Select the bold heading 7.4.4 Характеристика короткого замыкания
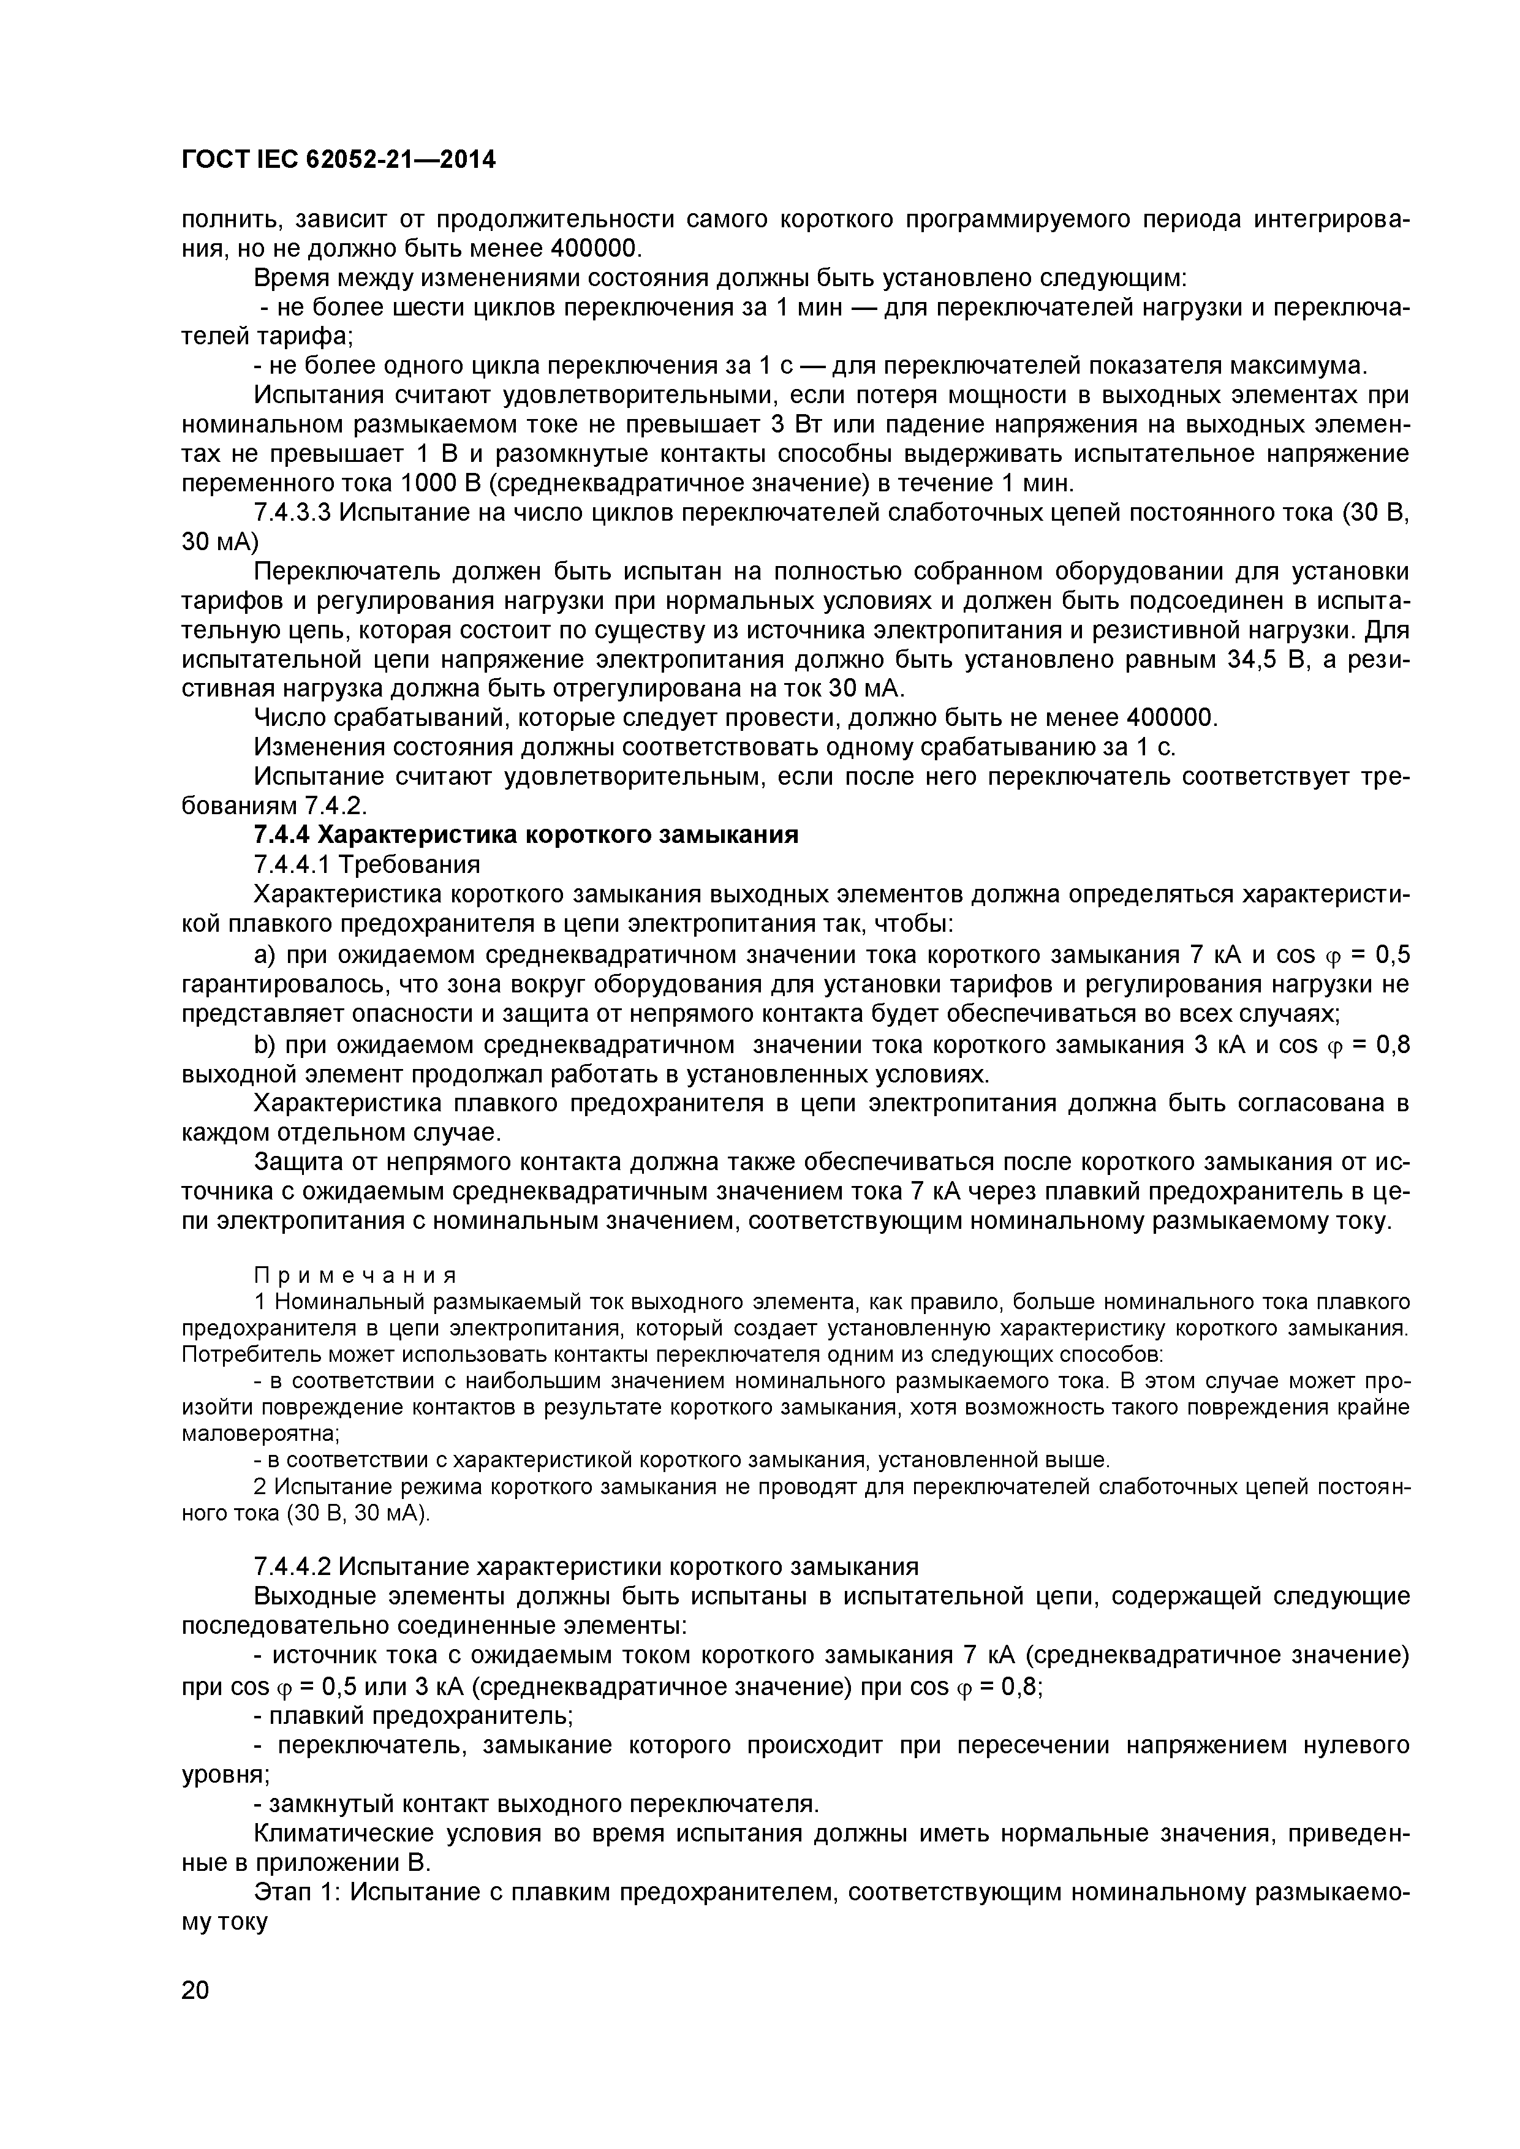pos(526,835)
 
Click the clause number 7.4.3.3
pos(292,513)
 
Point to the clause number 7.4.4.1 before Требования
pos(292,864)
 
